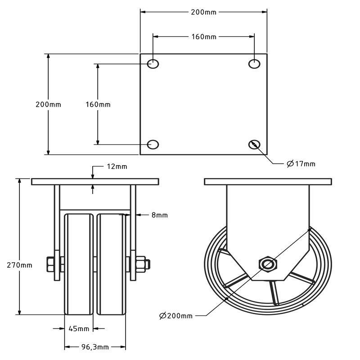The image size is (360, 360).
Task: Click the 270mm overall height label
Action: coord(20,265)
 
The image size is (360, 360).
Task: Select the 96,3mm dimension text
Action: coord(95,347)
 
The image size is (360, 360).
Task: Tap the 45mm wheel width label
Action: coord(79,329)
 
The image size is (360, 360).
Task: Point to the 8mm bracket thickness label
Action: coord(159,216)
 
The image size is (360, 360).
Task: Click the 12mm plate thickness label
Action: coord(117,166)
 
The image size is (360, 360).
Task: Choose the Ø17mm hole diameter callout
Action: coord(301,164)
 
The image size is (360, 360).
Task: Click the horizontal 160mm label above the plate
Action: coord(204,36)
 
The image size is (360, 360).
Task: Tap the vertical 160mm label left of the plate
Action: coord(98,104)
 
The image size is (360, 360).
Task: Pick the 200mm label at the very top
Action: coord(204,12)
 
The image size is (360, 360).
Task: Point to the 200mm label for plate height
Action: coord(49,104)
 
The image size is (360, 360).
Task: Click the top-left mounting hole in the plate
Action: coord(153,64)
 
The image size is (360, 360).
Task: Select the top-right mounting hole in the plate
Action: coord(255,64)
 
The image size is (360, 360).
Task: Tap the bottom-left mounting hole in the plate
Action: coord(153,144)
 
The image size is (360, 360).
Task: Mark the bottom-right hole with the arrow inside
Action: coord(255,144)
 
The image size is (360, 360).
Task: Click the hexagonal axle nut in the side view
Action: coord(267,264)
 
